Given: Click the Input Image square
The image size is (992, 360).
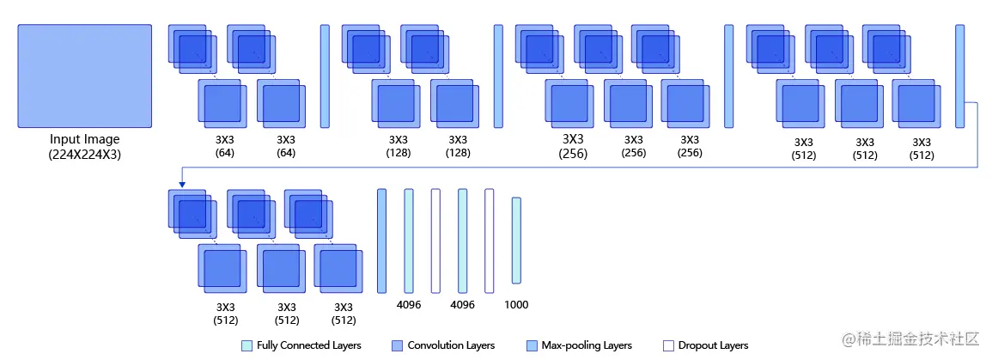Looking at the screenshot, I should [84, 76].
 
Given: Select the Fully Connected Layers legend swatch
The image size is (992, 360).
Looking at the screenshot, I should [246, 345].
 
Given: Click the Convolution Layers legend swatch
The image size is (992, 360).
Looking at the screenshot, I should [397, 345].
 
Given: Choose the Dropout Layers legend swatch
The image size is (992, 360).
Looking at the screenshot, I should [668, 345].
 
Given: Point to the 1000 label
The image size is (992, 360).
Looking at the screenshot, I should [516, 304].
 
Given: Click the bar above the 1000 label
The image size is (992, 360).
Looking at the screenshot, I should [516, 241].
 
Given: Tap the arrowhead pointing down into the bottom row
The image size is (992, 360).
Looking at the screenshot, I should [182, 182].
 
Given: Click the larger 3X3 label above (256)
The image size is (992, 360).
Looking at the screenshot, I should [573, 138].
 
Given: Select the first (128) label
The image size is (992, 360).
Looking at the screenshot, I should [398, 153].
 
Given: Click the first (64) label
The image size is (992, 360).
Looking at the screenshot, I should [225, 153].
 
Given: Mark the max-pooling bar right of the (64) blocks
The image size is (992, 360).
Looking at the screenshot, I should [325, 76].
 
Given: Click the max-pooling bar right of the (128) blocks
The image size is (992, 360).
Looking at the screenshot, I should [498, 76].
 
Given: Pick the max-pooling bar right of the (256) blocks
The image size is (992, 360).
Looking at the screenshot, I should [729, 76].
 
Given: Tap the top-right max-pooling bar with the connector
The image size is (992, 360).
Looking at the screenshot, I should [959, 76].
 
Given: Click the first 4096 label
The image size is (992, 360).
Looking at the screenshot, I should [408, 304].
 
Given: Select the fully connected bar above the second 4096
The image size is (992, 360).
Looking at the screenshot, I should [462, 241].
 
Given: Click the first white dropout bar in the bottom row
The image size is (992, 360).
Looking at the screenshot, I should [435, 241].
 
